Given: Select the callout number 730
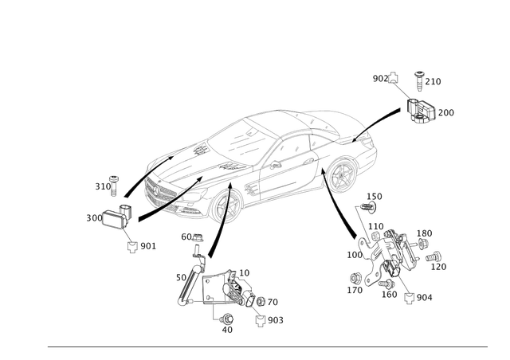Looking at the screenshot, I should point(448,113).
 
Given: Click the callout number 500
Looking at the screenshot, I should point(92,216).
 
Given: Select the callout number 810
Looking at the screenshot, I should point(100,186).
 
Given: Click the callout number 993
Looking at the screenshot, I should point(276,319).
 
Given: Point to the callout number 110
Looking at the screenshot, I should point(373,195).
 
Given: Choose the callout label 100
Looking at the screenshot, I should point(351,256).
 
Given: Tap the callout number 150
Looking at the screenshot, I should point(426,233).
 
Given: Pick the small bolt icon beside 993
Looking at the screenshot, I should point(260,319).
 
